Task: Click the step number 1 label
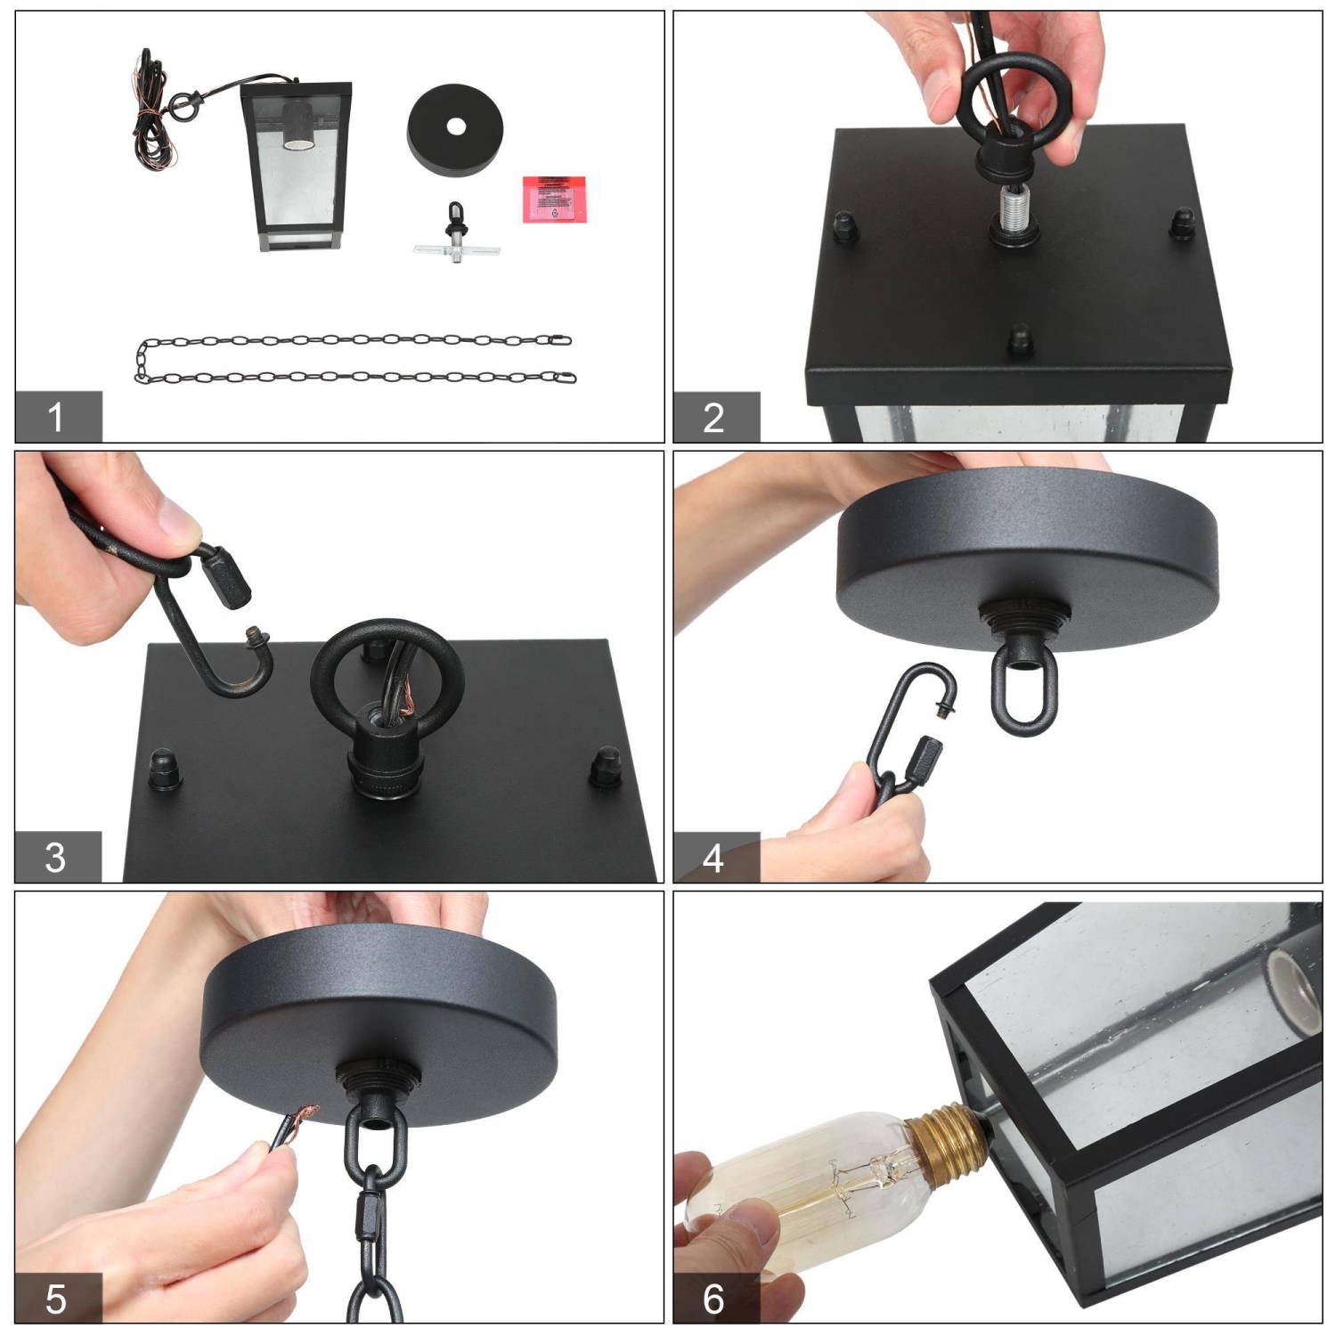[57, 417]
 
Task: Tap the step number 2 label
[714, 417]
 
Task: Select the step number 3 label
[57, 857]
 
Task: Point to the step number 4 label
[714, 857]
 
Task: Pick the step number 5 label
[57, 1299]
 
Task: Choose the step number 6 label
[714, 1299]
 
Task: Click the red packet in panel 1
[555, 199]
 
